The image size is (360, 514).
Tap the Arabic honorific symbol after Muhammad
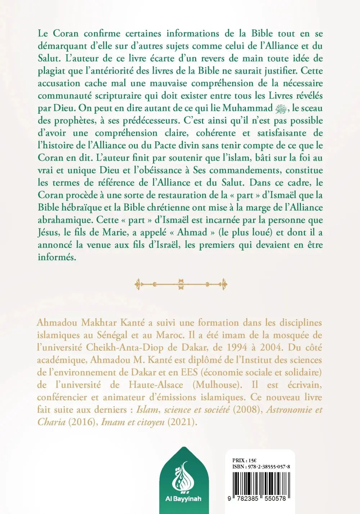pos(283,108)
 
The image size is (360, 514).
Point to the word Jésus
pos(49,232)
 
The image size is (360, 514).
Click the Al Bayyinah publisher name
pos(184,499)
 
